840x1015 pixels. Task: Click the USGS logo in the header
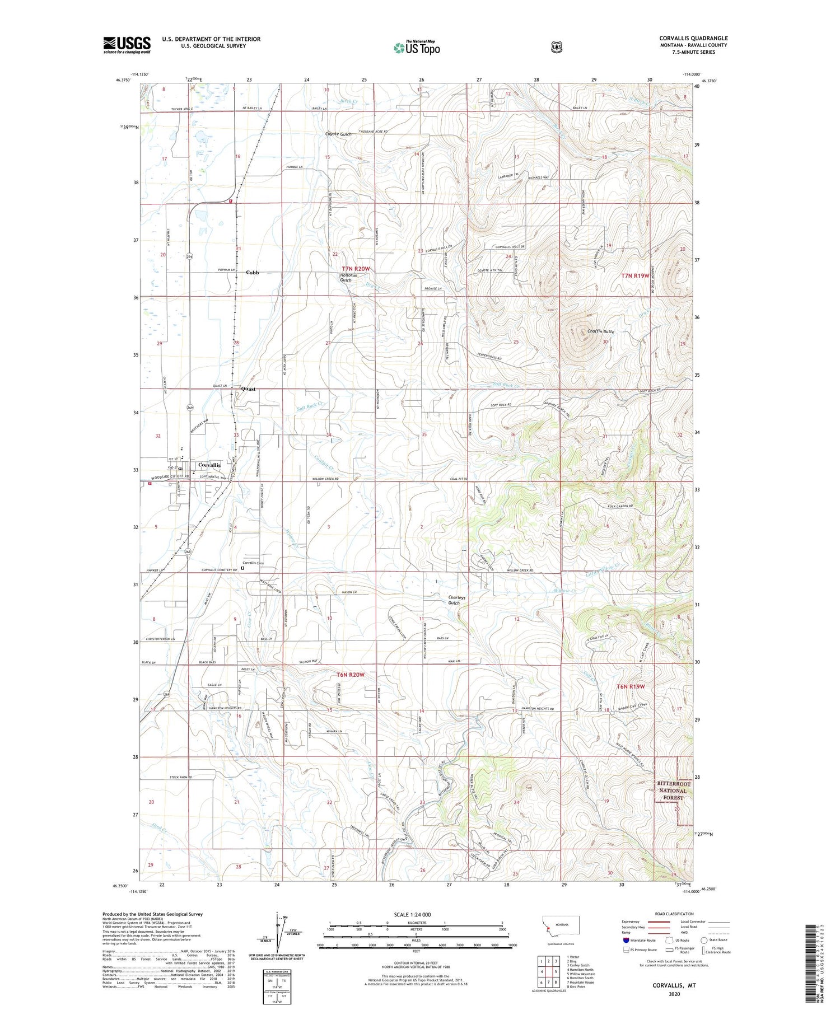click(x=127, y=45)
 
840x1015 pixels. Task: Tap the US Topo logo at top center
click(x=417, y=48)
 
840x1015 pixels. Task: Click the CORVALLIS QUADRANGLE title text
click(x=693, y=38)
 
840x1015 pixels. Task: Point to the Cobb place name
click(x=252, y=273)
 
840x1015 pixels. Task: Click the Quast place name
click(x=248, y=389)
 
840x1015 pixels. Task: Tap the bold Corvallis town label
click(x=209, y=465)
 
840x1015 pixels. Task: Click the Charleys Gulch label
click(x=454, y=600)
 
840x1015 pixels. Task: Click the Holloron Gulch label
click(x=346, y=277)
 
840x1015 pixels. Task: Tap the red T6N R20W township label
click(x=351, y=675)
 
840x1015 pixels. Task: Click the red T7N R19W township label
click(x=636, y=275)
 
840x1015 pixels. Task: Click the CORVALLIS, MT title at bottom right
click(x=674, y=985)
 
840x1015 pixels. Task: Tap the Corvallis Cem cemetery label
click(x=253, y=563)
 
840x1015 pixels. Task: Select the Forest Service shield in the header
click(x=556, y=48)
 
